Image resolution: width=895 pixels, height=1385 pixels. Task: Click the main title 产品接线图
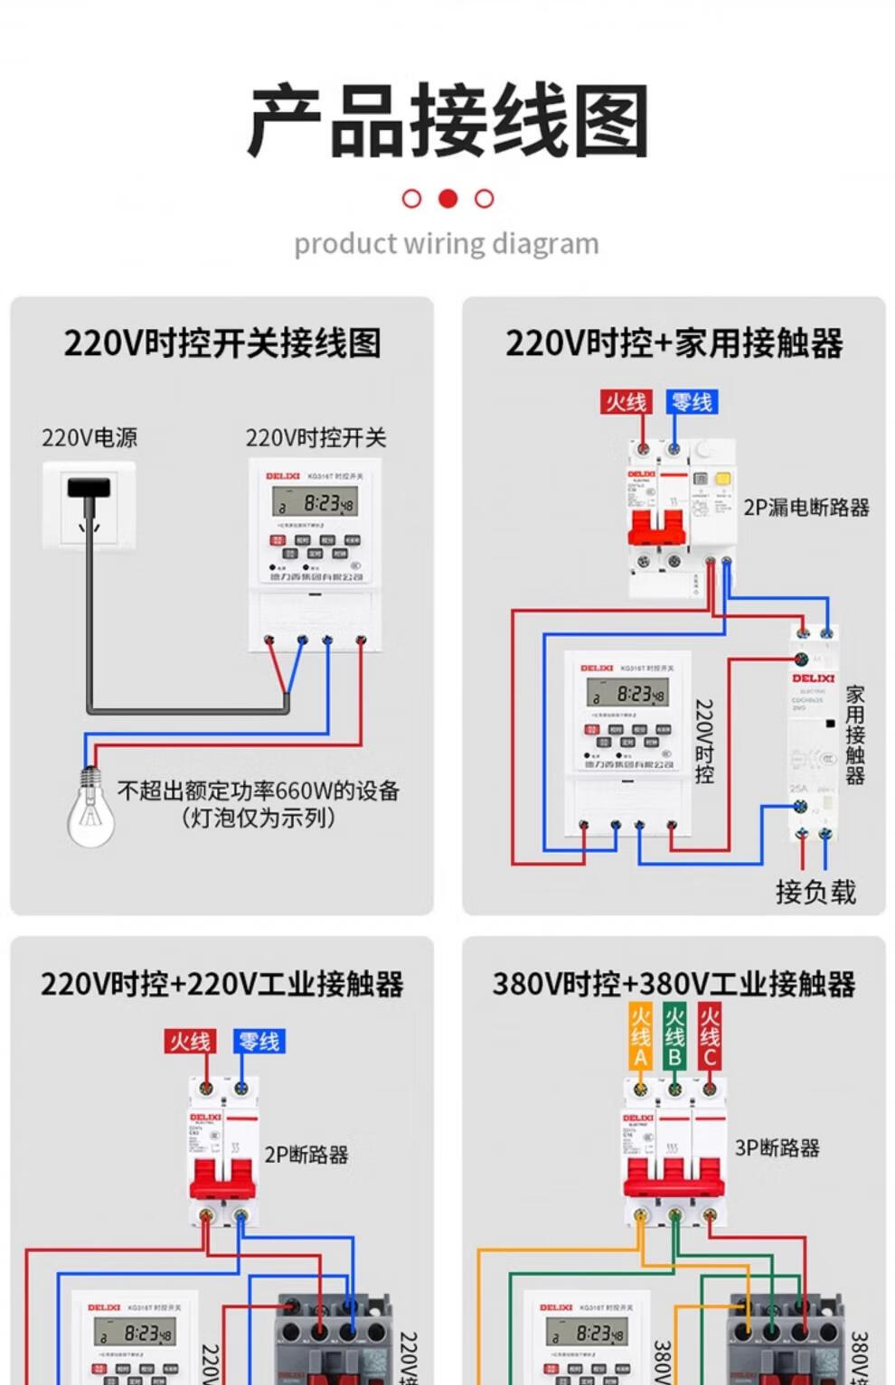point(447,120)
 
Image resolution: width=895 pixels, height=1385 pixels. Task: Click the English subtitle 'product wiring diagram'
point(447,244)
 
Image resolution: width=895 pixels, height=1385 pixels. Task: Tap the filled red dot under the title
point(447,199)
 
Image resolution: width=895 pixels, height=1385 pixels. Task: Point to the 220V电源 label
point(89,438)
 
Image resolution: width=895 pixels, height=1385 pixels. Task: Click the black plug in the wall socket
point(89,489)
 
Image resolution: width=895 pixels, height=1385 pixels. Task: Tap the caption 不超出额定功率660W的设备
point(259,791)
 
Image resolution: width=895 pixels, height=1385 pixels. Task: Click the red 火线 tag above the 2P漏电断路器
point(626,402)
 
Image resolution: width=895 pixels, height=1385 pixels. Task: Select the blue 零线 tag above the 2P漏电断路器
point(692,402)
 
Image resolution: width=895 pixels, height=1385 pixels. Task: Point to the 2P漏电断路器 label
point(806,508)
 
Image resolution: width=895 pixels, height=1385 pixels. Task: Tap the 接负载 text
point(815,893)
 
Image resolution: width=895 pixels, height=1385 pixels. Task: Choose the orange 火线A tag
point(640,1037)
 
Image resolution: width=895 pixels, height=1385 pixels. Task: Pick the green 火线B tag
point(674,1037)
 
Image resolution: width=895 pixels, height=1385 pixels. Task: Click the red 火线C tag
point(710,1037)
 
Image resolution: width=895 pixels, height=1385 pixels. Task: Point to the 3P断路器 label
point(777,1148)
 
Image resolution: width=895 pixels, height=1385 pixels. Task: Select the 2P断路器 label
point(306,1155)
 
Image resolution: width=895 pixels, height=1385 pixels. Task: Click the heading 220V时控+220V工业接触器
point(221,984)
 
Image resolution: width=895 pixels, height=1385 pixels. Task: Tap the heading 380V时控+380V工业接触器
point(674,984)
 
